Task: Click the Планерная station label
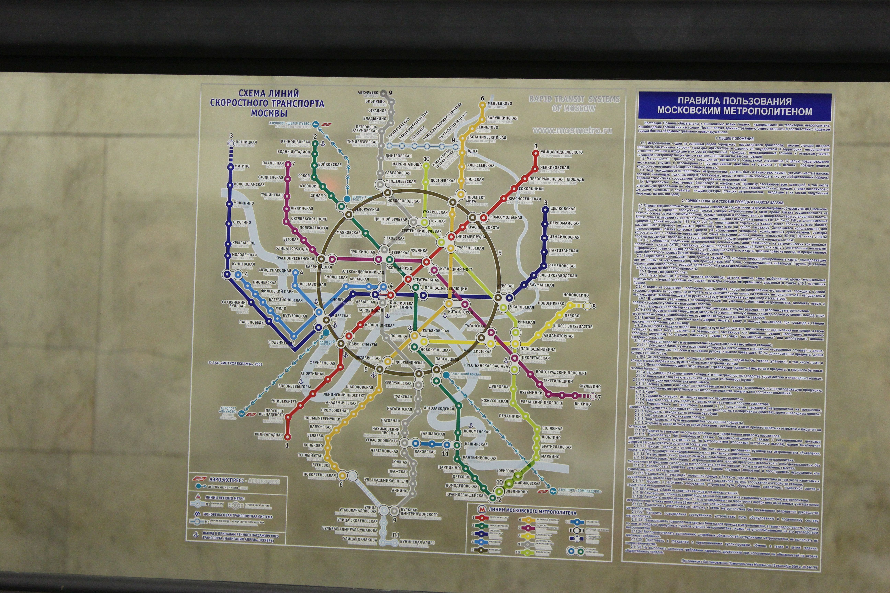(x=272, y=163)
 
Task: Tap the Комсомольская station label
(x=506, y=217)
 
